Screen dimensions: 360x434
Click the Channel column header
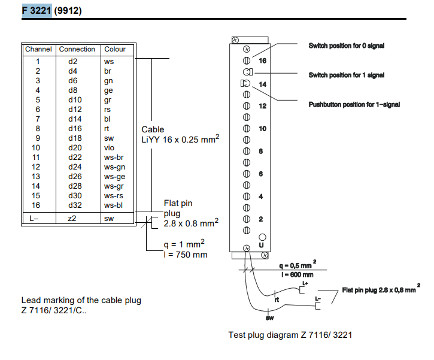tap(38, 49)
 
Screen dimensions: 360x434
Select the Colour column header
tap(114, 49)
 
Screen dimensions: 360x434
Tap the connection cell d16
tap(74, 128)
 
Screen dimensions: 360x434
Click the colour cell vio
tap(109, 147)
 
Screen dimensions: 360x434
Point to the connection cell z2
tap(72, 219)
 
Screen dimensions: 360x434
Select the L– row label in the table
tap(34, 219)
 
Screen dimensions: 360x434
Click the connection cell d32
tap(74, 205)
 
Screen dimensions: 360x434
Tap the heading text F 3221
tap(37, 11)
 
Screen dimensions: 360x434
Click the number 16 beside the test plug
tap(262, 60)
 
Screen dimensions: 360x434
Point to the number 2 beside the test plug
tap(260, 219)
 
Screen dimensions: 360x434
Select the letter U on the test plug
tap(262, 246)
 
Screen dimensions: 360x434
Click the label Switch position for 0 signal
tap(346, 46)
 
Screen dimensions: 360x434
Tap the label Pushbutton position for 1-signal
tap(354, 105)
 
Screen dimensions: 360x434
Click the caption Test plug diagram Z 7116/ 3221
tap(290, 334)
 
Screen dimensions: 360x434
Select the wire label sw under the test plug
tap(269, 317)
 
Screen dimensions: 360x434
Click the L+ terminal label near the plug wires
tap(305, 283)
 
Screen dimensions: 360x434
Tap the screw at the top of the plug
tap(235, 40)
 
